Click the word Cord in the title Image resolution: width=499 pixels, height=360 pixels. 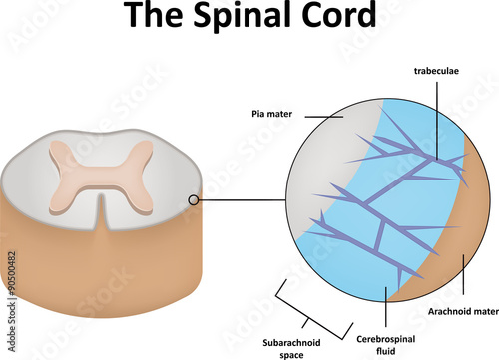(339, 18)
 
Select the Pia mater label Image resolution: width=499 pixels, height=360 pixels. (270, 113)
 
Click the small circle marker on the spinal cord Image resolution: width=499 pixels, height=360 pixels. (193, 201)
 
